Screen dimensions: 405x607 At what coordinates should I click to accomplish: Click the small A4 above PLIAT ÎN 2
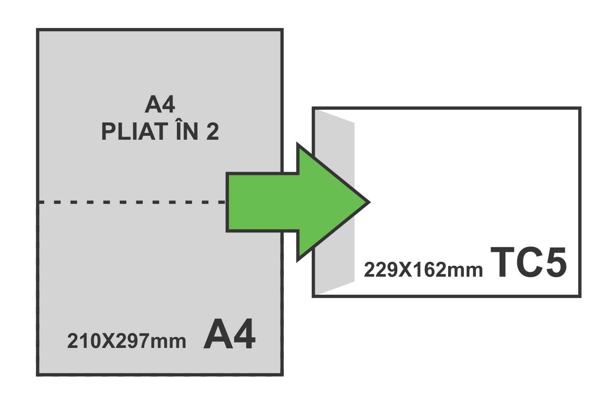click(x=160, y=105)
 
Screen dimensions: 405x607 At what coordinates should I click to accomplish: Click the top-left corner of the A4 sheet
click(x=38, y=30)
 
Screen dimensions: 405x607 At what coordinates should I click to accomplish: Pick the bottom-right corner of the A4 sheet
click(x=282, y=374)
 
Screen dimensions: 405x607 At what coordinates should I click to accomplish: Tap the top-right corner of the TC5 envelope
click(x=579, y=108)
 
